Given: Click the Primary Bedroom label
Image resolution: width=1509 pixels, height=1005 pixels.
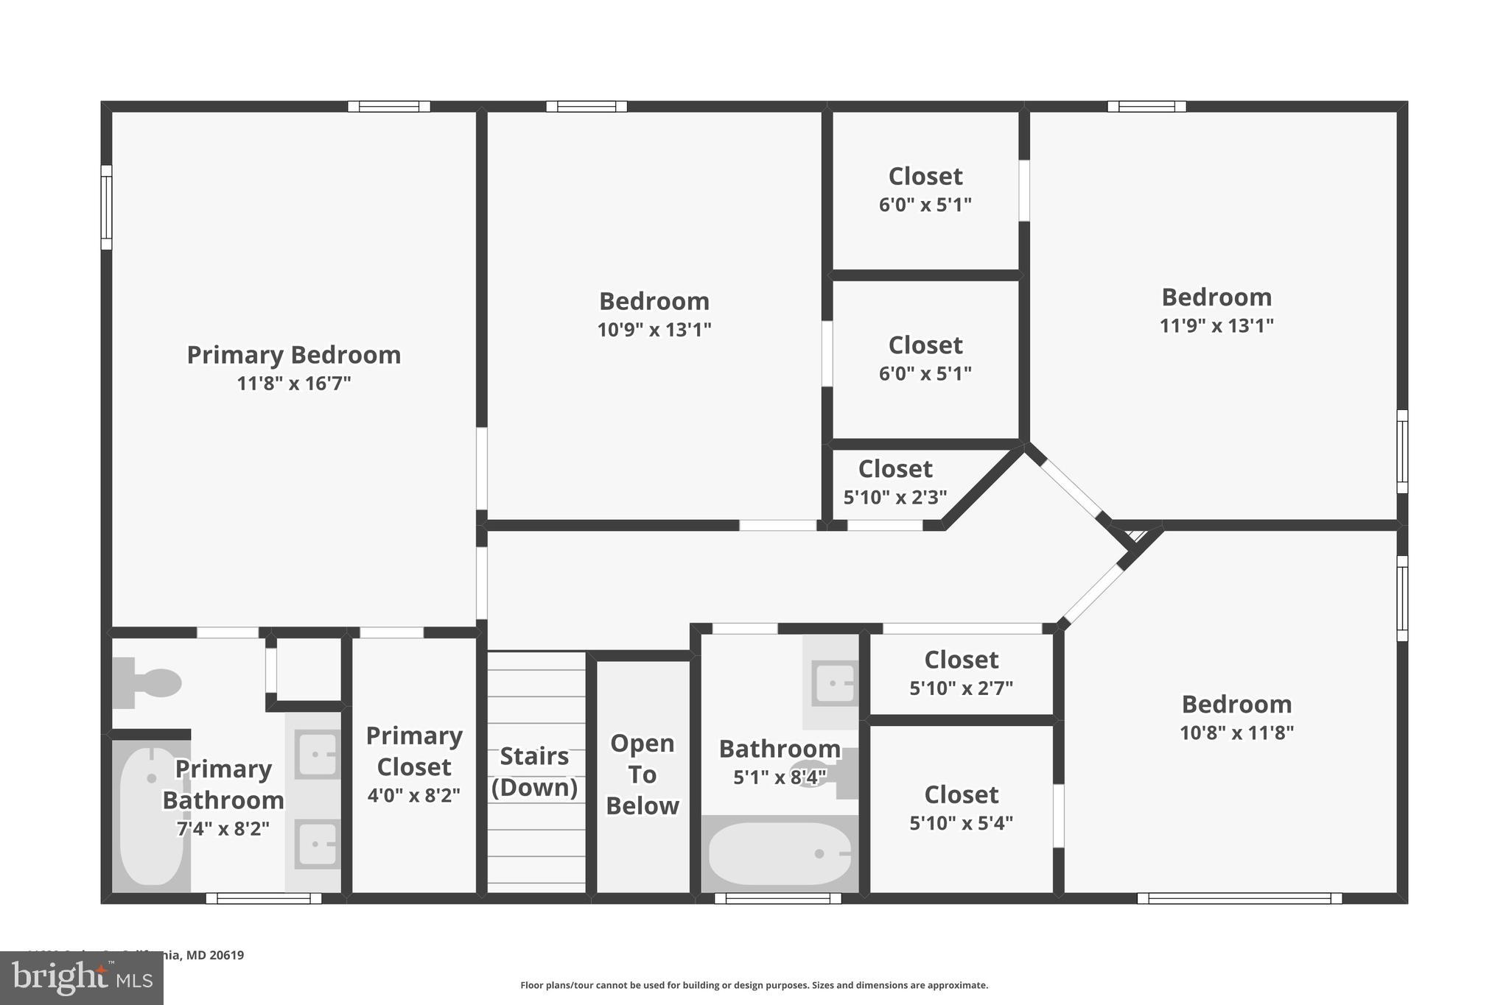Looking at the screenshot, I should pyautogui.click(x=293, y=355).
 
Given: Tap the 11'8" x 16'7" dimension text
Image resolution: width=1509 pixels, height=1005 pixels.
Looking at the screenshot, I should pyautogui.click(x=293, y=384).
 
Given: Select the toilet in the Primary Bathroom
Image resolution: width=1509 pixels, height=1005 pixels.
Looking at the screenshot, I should pyautogui.click(x=148, y=683).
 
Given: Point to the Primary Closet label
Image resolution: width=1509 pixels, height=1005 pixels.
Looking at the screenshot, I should pyautogui.click(x=414, y=751).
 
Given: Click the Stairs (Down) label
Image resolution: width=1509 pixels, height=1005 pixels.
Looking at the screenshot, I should pyautogui.click(x=534, y=772).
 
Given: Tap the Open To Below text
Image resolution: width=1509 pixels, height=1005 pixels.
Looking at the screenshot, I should pyautogui.click(x=642, y=775).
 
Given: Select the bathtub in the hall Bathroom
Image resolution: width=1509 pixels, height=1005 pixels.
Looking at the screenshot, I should pyautogui.click(x=779, y=853).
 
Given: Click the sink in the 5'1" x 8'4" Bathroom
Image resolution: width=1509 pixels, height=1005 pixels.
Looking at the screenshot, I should pyautogui.click(x=834, y=683).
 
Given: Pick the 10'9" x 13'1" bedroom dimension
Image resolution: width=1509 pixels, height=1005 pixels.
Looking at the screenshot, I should pyautogui.click(x=654, y=329).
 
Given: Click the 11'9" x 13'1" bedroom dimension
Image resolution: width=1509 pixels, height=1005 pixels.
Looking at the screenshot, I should pyautogui.click(x=1216, y=325).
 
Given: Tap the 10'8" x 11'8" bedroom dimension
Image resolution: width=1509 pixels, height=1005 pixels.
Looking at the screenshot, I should pyautogui.click(x=1236, y=733).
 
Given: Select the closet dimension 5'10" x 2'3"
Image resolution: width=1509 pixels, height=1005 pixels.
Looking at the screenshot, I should pyautogui.click(x=894, y=498).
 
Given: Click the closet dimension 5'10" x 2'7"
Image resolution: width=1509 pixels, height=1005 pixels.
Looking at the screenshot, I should pyautogui.click(x=961, y=688).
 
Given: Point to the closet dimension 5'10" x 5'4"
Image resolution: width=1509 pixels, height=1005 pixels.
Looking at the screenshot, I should pyautogui.click(x=961, y=823).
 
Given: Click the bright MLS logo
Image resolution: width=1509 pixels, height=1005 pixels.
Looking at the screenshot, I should pyautogui.click(x=82, y=978).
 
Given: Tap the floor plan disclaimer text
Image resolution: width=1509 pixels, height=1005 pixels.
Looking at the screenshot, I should pyautogui.click(x=754, y=985).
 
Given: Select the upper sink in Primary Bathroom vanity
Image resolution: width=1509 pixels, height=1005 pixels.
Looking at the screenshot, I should pyautogui.click(x=317, y=755).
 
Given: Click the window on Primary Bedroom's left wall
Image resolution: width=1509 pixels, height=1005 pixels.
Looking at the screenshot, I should pyautogui.click(x=107, y=208).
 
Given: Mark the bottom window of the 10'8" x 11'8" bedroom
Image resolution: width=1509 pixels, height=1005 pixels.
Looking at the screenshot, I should pyautogui.click(x=1239, y=898).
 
